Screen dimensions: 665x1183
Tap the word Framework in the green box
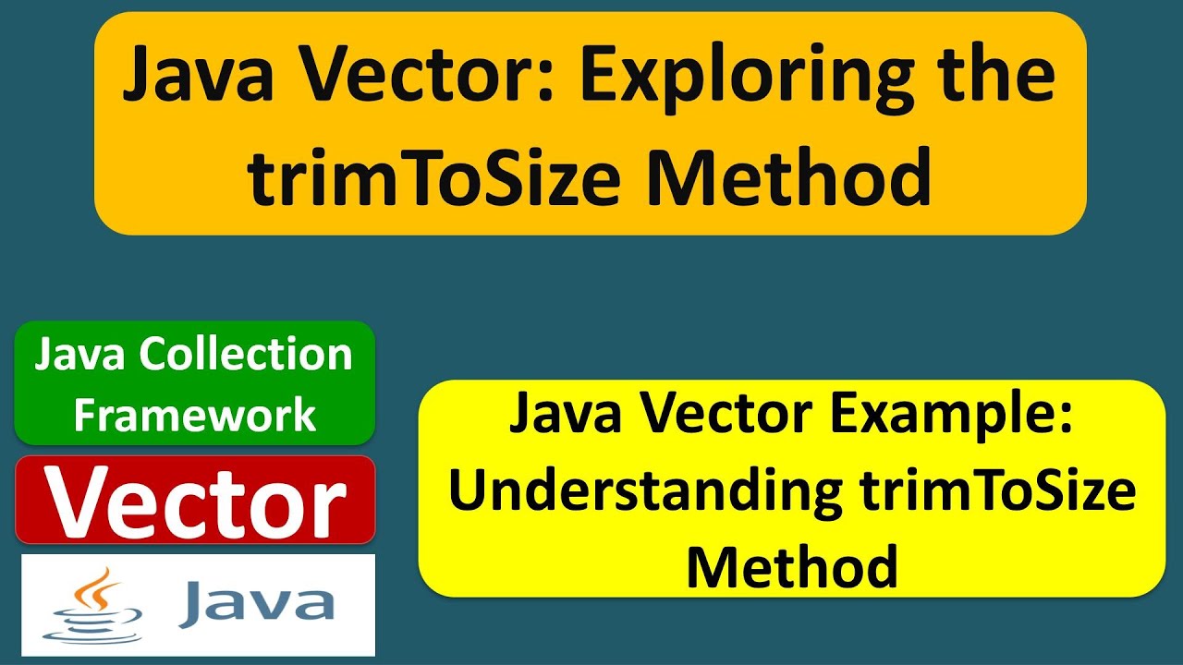[195, 415]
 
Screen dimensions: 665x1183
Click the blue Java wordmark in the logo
[256, 602]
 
